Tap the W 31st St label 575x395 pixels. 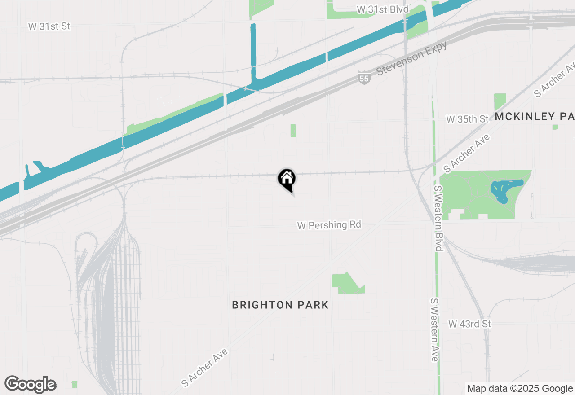pyautogui.click(x=49, y=26)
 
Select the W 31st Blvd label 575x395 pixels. pyautogui.click(x=383, y=9)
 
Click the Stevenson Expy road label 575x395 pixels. pyautogui.click(x=412, y=58)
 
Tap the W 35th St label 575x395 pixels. pyautogui.click(x=467, y=119)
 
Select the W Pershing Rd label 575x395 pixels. pyautogui.click(x=329, y=224)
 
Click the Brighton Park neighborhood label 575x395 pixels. pyautogui.click(x=280, y=305)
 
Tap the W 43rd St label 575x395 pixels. pyautogui.click(x=469, y=324)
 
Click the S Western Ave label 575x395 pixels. pyautogui.click(x=434, y=330)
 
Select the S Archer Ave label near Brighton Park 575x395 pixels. pyautogui.click(x=205, y=367)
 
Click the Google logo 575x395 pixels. pyautogui.click(x=31, y=385)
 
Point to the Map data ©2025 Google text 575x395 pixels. pyautogui.click(x=520, y=389)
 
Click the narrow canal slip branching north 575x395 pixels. pyautogui.click(x=252, y=54)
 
